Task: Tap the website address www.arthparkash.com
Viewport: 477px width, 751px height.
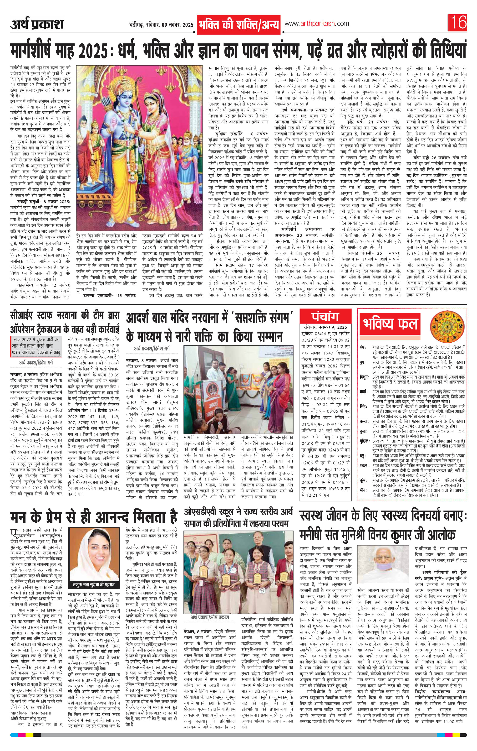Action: tap(317, 24)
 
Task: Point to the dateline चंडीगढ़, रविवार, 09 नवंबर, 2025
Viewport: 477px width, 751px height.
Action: tap(161, 25)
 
